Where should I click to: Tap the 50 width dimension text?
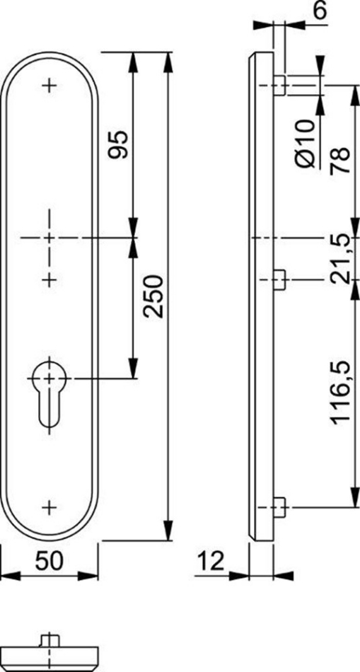(50, 560)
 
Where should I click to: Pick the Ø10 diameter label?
(305, 144)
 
